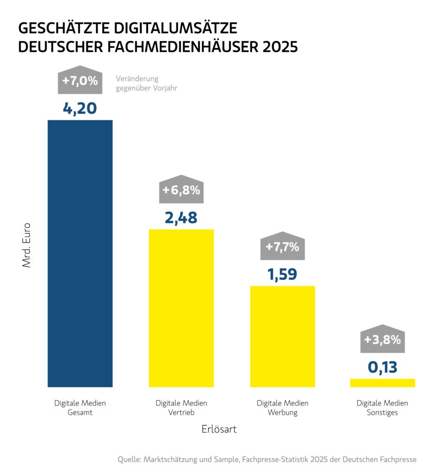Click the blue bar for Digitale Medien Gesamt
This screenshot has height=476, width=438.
coord(80,253)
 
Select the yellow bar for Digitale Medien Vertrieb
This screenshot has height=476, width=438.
coord(181,308)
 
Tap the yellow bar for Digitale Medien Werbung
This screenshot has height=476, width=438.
coord(282,336)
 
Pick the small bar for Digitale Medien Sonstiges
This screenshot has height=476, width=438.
coord(383,383)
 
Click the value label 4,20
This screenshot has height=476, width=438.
coord(80,108)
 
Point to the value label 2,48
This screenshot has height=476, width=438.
coord(181,218)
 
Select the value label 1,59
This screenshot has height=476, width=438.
coord(282,274)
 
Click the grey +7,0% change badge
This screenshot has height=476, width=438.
coord(80,80)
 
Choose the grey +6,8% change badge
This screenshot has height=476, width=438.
coord(182,190)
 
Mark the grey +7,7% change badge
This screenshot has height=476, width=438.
coord(282,246)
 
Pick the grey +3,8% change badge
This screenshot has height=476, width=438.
coord(383,339)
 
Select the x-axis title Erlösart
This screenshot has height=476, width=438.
coord(219,430)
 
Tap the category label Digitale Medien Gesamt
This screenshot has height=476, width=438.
coord(80,408)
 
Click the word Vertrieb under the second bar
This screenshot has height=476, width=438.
coord(181,412)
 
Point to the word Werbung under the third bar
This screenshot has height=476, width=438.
coord(282,412)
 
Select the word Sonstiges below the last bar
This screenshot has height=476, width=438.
coord(382,412)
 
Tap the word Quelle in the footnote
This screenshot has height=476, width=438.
coord(129,459)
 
